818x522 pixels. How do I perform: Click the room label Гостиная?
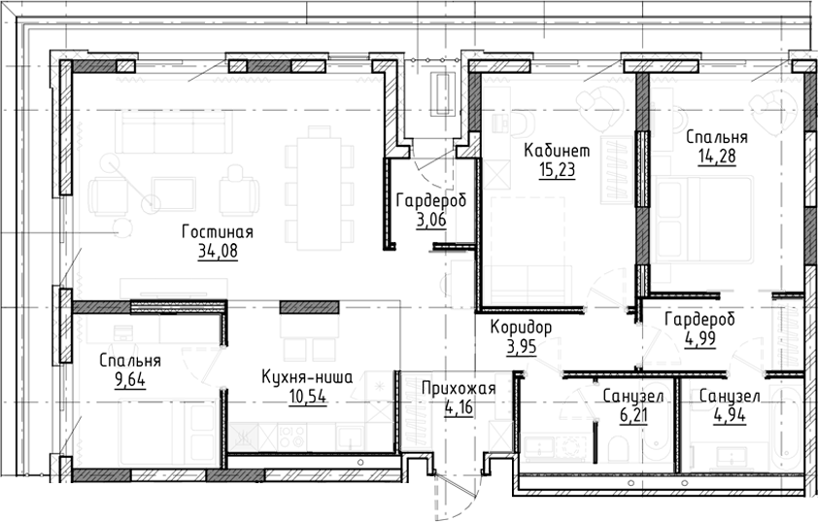click(217, 231)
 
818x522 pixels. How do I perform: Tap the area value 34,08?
click(217, 250)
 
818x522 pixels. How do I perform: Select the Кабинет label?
click(556, 152)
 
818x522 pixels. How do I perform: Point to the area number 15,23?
click(556, 170)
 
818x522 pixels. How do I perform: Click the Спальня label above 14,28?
click(716, 136)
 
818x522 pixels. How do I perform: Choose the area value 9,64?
click(130, 380)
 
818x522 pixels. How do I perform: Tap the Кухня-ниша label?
click(306, 377)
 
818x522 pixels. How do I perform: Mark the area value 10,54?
click(306, 396)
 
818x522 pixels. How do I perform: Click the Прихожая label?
click(459, 390)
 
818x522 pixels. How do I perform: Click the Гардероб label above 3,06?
click(430, 201)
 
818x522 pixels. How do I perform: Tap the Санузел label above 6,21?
click(632, 398)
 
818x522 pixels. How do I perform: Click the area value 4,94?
click(729, 416)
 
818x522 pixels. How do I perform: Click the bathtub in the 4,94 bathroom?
click(786, 428)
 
